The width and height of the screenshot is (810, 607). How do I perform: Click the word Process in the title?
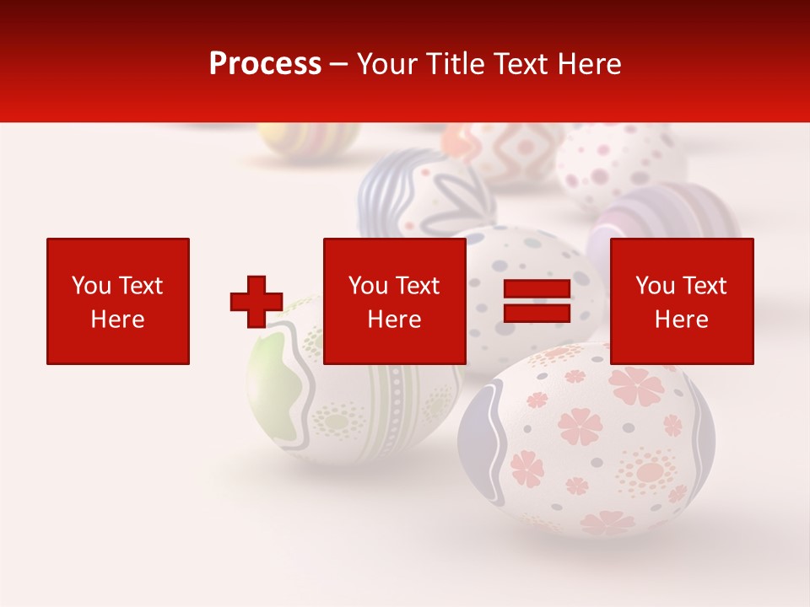pos(265,63)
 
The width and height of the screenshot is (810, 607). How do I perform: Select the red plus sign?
pos(256,302)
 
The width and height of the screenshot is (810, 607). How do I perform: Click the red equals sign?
pos(537,301)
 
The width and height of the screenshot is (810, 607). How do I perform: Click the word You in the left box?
pos(91,286)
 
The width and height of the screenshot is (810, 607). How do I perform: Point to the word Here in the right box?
pos(681,320)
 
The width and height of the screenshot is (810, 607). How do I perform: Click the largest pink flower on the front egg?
pos(637,385)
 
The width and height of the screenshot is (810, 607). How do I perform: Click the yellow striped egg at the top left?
pos(308,140)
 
